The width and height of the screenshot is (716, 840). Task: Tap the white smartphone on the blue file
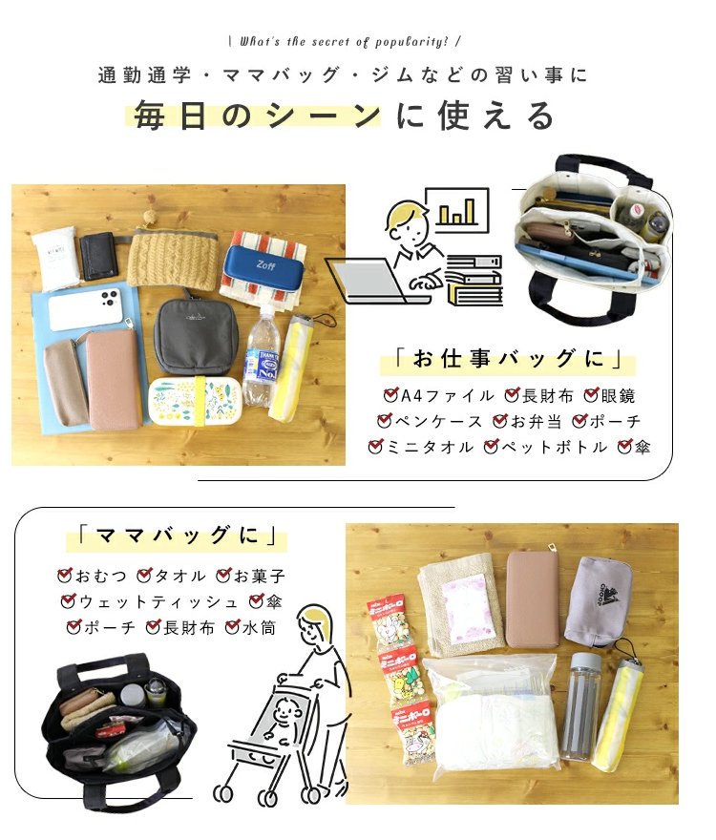[x=86, y=308]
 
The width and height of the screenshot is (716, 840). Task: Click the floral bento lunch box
[x=195, y=401]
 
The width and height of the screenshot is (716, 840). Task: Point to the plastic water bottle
[x=260, y=356]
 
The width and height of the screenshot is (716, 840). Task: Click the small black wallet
[x=100, y=256]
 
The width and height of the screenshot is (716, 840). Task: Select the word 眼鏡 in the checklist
[x=618, y=396]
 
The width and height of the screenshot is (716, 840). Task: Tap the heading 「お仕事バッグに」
[x=508, y=358]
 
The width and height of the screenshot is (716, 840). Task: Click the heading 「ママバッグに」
[x=177, y=535]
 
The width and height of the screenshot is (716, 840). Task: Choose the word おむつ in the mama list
[x=101, y=576]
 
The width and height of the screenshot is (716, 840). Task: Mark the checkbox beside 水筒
[x=233, y=626]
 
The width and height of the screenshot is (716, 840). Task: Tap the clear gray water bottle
[x=580, y=706]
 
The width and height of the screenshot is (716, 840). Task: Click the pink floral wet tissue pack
[x=466, y=607]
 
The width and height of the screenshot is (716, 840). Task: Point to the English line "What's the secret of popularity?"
[x=344, y=41]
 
